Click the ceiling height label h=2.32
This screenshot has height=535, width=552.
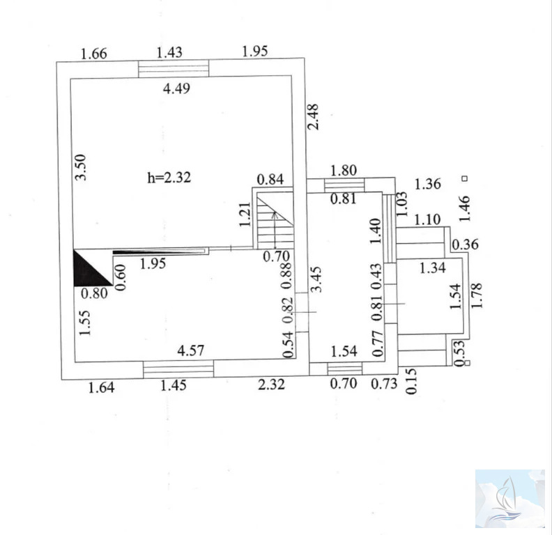click(169, 177)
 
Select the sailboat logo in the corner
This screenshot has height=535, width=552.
click(506, 499)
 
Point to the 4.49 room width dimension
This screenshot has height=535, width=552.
click(176, 88)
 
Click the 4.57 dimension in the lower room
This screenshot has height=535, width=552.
click(190, 350)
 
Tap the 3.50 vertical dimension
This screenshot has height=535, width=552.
click(81, 167)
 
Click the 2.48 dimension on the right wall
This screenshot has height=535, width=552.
click(313, 117)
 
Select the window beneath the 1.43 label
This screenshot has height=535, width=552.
click(174, 69)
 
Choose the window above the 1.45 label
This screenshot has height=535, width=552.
click(178, 369)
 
